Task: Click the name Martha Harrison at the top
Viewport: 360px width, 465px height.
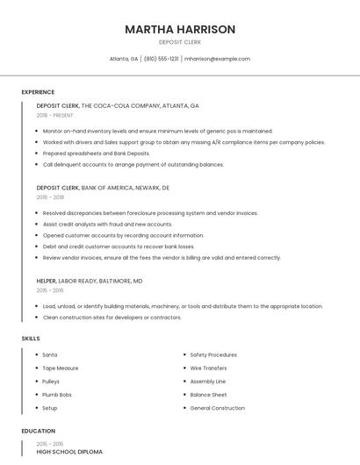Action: tap(180, 29)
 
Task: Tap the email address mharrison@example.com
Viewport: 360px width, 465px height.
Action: tap(217, 59)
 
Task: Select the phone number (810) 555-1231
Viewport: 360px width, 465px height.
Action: tap(161, 59)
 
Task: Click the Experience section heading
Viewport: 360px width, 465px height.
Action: tap(38, 92)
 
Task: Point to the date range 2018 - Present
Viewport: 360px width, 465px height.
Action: tap(56, 115)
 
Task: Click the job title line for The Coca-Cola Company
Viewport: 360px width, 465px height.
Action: tap(118, 105)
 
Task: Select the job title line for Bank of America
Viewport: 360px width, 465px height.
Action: tap(103, 187)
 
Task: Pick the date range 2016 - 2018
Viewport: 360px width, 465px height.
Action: tap(50, 197)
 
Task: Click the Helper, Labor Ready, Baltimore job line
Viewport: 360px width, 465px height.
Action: tap(90, 281)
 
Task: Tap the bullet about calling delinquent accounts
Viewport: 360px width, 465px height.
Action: tap(133, 164)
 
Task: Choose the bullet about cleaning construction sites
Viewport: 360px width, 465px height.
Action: tap(112, 317)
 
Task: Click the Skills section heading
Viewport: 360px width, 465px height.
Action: tap(31, 338)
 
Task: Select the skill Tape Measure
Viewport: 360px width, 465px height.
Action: tap(61, 368)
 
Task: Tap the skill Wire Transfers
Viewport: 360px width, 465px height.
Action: tap(208, 368)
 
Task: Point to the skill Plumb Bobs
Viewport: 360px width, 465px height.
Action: tap(57, 395)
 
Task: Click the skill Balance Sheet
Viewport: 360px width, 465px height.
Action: tap(208, 395)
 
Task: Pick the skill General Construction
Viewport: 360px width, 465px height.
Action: tap(217, 408)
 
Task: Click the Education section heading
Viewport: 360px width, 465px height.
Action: tap(38, 431)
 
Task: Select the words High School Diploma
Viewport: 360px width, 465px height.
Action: tap(69, 452)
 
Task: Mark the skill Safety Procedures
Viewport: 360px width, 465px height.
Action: tap(213, 354)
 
